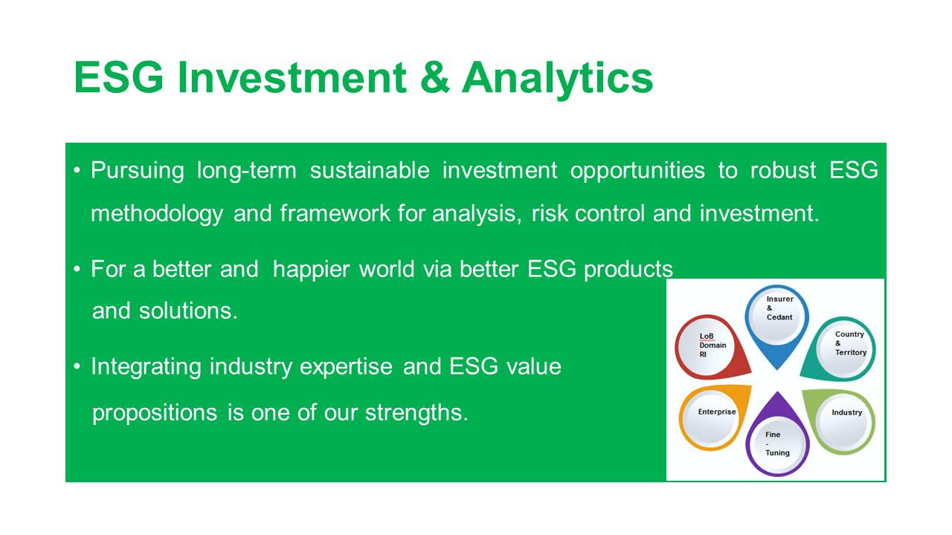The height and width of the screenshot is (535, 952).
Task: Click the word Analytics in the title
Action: tap(557, 79)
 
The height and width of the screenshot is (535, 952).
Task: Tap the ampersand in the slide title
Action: tap(434, 77)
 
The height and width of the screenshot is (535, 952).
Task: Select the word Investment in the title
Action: tap(292, 77)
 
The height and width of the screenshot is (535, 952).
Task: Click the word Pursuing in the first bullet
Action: tap(138, 171)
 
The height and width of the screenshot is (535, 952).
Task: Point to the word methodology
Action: tap(157, 214)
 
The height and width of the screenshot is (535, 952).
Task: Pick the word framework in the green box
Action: tap(335, 213)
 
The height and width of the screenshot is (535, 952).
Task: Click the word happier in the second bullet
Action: tap(311, 270)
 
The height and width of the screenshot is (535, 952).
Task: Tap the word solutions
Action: tap(188, 311)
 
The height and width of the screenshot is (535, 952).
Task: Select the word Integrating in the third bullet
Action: tap(146, 367)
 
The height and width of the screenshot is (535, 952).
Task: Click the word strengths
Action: tap(416, 412)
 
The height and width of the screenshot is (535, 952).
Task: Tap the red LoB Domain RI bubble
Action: tap(710, 347)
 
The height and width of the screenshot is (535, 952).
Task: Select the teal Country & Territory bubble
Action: tap(840, 349)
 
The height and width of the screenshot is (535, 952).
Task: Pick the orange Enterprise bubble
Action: tap(712, 418)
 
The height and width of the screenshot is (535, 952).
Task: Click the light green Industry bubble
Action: tap(841, 421)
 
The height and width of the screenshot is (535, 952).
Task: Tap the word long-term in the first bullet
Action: tap(246, 171)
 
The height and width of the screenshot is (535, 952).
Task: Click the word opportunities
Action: tap(637, 171)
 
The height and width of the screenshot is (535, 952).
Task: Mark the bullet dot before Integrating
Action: tap(77, 366)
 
